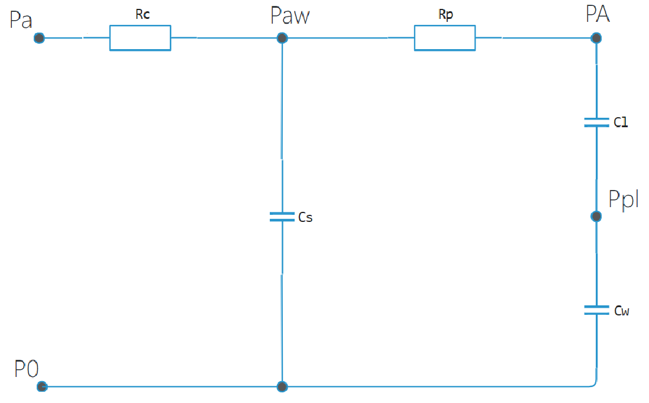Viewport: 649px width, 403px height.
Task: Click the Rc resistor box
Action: point(140,38)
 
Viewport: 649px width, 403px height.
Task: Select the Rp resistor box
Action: point(444,38)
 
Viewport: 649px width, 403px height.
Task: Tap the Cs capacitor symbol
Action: point(282,217)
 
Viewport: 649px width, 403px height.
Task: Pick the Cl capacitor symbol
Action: point(596,122)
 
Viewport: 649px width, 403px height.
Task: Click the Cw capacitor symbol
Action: point(596,309)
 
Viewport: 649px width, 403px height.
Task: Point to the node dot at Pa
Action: point(39,38)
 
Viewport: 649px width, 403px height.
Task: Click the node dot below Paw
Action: point(282,38)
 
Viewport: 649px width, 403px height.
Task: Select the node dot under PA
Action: point(596,38)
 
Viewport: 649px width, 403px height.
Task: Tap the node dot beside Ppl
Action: point(596,217)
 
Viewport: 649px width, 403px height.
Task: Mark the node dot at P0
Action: point(41,386)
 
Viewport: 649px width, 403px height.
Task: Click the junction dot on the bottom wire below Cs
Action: point(283,386)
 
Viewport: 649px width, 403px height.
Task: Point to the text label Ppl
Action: point(624,199)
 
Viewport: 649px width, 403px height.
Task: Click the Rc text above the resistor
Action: point(142,15)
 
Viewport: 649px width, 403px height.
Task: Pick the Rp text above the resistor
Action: point(445,15)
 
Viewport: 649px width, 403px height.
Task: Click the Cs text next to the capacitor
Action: point(305,218)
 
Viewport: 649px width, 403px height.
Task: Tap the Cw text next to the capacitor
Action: point(621,310)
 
